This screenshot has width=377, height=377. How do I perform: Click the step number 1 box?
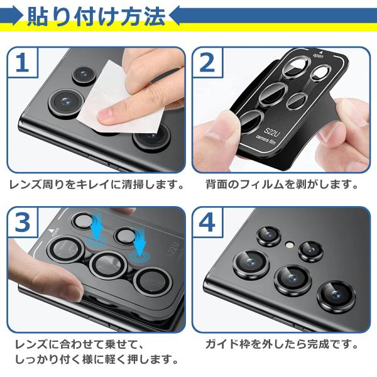[23, 62]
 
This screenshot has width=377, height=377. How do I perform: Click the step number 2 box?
[207, 62]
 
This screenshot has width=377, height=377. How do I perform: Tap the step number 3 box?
[23, 222]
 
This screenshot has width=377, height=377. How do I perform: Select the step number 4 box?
[207, 222]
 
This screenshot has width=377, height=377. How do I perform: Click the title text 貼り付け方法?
[96, 16]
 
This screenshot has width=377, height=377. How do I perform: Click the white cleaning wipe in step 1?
[120, 101]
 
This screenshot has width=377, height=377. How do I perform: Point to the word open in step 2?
[318, 57]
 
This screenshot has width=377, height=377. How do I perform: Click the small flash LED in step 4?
[290, 245]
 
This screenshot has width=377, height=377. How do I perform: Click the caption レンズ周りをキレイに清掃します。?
[96, 184]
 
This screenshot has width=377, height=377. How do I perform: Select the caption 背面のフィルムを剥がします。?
[281, 184]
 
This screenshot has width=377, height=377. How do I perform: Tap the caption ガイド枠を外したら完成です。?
[281, 344]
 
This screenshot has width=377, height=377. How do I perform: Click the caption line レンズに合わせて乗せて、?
[79, 344]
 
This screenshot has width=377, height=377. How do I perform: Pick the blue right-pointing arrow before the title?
[11, 16]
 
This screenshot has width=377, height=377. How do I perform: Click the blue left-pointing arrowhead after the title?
[175, 16]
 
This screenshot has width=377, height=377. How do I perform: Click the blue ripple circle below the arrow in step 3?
[139, 256]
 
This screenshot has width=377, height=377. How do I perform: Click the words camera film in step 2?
[266, 140]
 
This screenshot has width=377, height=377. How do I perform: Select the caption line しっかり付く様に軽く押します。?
[96, 359]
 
